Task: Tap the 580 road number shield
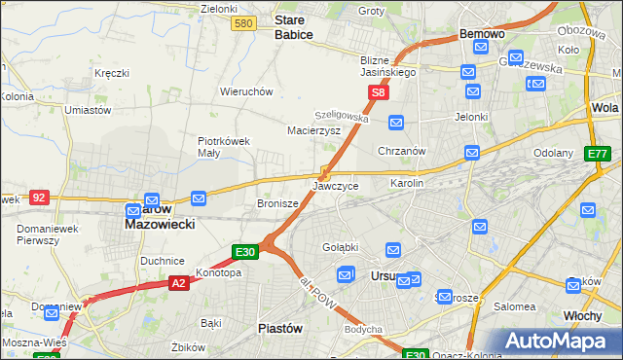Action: [x=244, y=23]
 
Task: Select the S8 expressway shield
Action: [x=379, y=93]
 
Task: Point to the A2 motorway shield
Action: [x=178, y=283]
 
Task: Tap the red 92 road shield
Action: [x=39, y=197]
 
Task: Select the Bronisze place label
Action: [x=275, y=204]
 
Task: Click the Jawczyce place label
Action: [x=336, y=186]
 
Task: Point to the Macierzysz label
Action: [x=312, y=129]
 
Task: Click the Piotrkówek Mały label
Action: [x=224, y=146]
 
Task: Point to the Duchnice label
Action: [x=162, y=261]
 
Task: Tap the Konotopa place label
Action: [x=218, y=273]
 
